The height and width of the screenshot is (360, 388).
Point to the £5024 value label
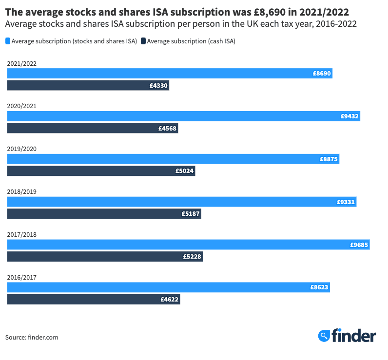pyautogui.click(x=185, y=171)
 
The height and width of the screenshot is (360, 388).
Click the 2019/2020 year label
pyautogui.click(x=21, y=149)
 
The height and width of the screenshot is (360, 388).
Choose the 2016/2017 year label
pyautogui.click(x=21, y=278)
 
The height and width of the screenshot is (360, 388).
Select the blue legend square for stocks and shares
pyautogui.click(x=8, y=41)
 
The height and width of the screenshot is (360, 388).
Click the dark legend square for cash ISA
pyautogui.click(x=143, y=41)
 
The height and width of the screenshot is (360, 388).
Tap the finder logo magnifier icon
pyautogui.click(x=324, y=336)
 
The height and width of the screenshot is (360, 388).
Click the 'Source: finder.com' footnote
pyautogui.click(x=32, y=337)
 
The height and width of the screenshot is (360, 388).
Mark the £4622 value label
pyautogui.click(x=170, y=300)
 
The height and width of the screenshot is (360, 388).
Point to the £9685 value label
pyautogui.click(x=359, y=245)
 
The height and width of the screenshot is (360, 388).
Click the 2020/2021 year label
pyautogui.click(x=21, y=106)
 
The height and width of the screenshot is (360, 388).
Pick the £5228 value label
pyautogui.click(x=192, y=257)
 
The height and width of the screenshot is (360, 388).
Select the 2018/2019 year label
pyautogui.click(x=21, y=192)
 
